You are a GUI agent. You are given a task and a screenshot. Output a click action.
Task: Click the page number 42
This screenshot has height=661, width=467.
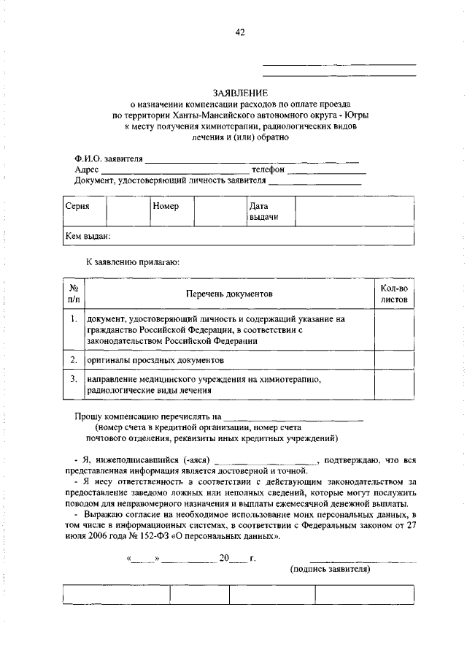pyautogui.click(x=240, y=32)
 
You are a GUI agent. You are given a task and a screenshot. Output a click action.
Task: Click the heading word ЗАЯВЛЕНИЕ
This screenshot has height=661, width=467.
pyautogui.click(x=240, y=93)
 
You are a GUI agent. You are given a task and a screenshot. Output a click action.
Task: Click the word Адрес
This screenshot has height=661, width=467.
pyautogui.click(x=86, y=169)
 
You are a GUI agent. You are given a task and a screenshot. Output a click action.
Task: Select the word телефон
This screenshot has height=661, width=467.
pyautogui.click(x=268, y=169)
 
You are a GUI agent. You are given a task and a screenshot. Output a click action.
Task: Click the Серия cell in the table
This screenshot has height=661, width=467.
pyautogui.click(x=77, y=207)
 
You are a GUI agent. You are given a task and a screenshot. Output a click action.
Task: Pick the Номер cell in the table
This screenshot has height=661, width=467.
pyautogui.click(x=166, y=207)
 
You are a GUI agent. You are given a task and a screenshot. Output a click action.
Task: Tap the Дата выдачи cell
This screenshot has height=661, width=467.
pyautogui.click(x=261, y=213)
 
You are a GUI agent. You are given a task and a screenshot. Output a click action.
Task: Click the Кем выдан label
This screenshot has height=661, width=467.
pyautogui.click(x=88, y=237)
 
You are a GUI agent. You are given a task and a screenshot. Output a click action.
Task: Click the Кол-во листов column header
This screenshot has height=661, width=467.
pyautogui.click(x=394, y=294)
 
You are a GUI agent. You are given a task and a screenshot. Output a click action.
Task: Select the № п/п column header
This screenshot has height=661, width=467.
pyautogui.click(x=74, y=294)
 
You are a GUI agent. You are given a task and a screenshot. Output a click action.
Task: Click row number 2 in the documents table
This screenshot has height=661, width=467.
pyautogui.click(x=74, y=360)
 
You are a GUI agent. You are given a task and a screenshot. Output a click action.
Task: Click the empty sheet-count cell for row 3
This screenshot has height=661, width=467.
pyautogui.click(x=394, y=384)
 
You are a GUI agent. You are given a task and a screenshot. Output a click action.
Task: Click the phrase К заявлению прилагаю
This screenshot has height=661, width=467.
pyautogui.click(x=133, y=261)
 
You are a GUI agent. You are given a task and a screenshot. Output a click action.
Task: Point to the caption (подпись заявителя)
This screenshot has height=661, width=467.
pyautogui.click(x=331, y=569)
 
